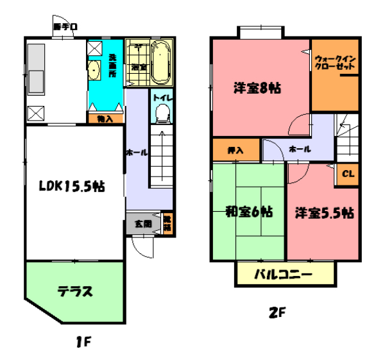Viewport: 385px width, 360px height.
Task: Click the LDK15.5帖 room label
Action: [x=73, y=187]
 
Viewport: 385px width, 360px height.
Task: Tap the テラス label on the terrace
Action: [x=75, y=291]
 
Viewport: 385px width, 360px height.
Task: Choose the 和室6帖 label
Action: [x=248, y=211]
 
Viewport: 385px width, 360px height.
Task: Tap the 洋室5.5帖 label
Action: [x=325, y=212]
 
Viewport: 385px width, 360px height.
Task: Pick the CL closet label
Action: [x=347, y=173]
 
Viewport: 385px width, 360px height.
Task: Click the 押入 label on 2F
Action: [x=236, y=150]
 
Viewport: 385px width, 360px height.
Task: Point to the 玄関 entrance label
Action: [x=143, y=224]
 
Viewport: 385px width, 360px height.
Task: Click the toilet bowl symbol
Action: [x=163, y=114]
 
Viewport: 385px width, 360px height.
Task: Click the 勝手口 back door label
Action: [x=65, y=27]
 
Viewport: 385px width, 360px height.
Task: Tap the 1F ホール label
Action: [x=137, y=153]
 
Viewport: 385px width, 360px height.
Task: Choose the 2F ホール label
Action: [x=300, y=149]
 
